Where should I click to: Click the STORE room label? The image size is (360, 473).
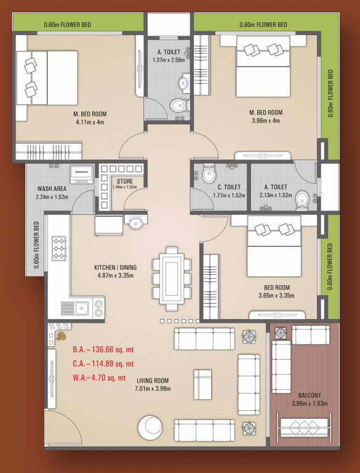pyautogui.click(x=125, y=181)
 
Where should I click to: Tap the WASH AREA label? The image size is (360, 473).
pyautogui.click(x=52, y=189)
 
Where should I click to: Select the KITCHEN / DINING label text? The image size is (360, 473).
pyautogui.click(x=115, y=267)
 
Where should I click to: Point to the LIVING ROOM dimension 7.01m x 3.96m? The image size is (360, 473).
pyautogui.click(x=153, y=389)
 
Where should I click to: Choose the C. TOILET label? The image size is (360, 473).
pyautogui.click(x=228, y=187)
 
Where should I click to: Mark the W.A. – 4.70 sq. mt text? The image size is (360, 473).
pyautogui.click(x=99, y=378)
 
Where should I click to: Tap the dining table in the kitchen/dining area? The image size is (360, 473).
pyautogui.click(x=172, y=277)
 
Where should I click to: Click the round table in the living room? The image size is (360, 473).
pyautogui.click(x=150, y=428)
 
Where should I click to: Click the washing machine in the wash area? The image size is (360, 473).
pyautogui.click(x=81, y=174)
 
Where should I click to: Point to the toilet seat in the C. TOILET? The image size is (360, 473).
pyautogui.click(x=208, y=175)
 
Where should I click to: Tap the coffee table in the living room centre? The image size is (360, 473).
pyautogui.click(x=203, y=384)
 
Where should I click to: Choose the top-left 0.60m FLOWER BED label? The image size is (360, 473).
pyautogui.click(x=67, y=25)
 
